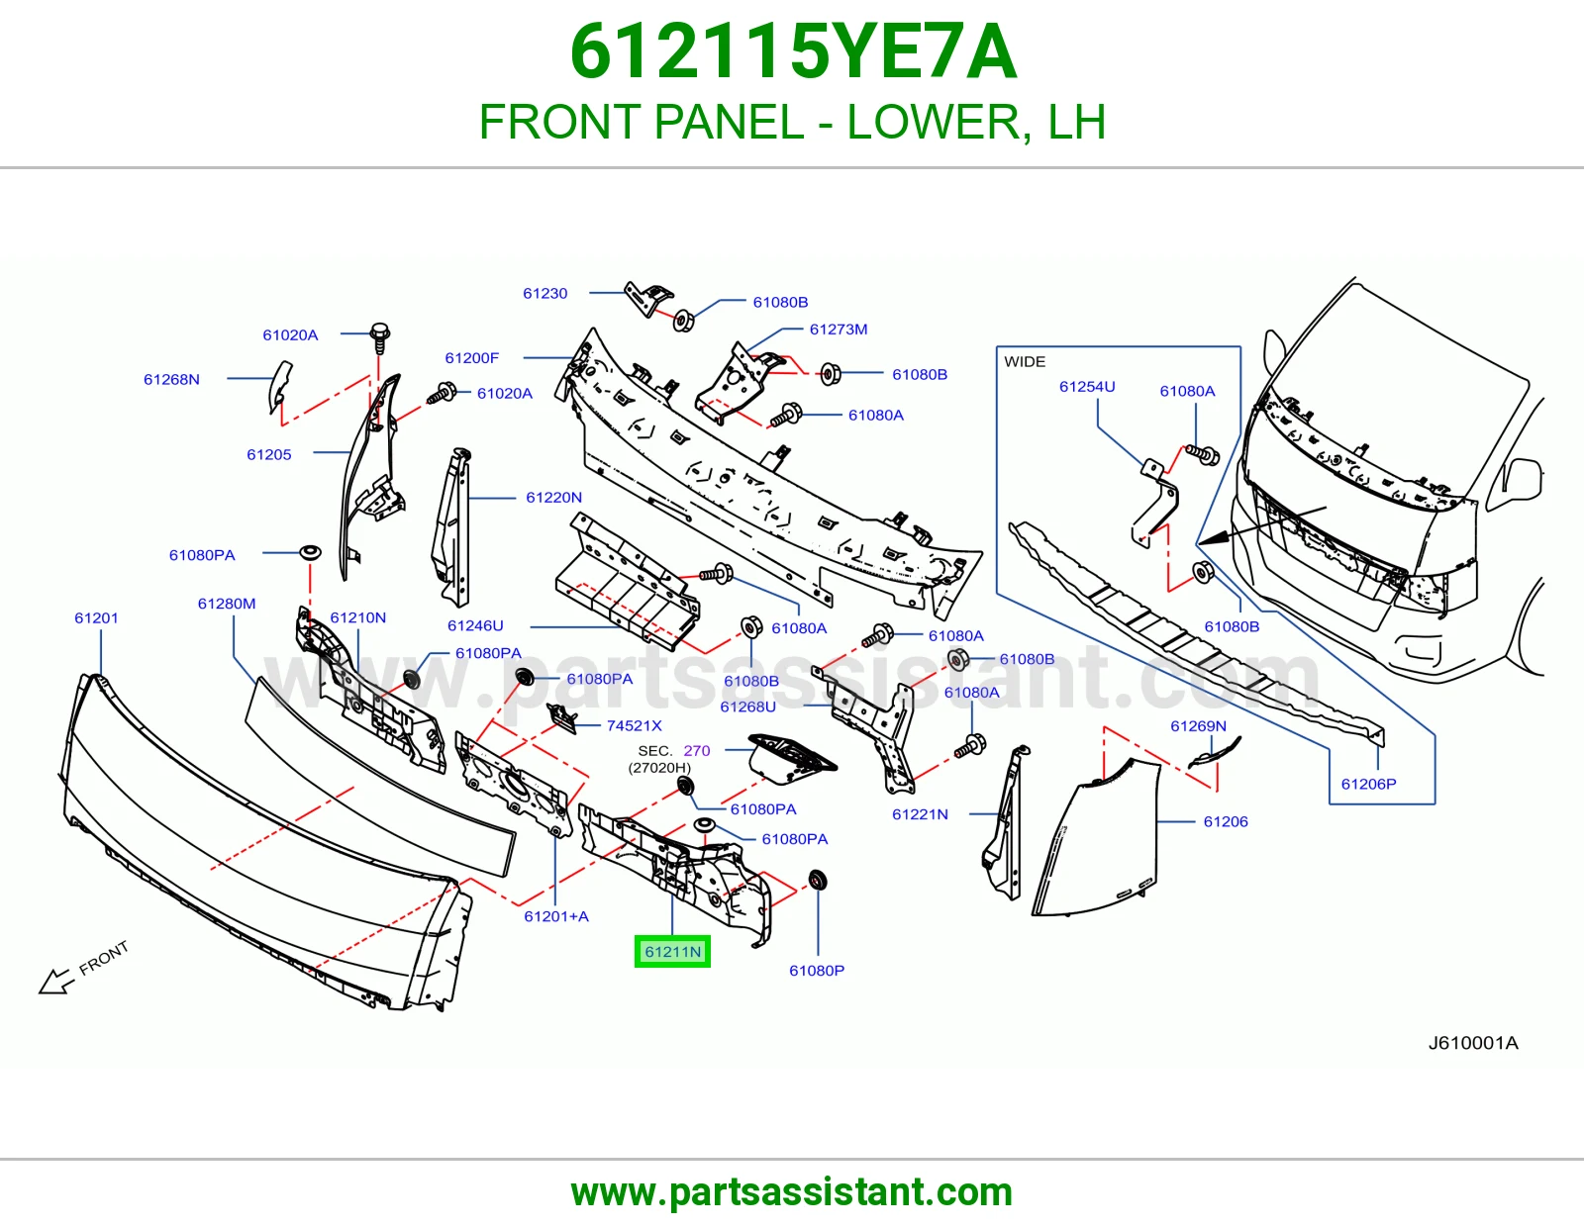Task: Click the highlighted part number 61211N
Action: coord(672,952)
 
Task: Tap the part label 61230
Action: coord(544,294)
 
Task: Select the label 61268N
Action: coord(171,380)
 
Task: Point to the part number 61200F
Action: coord(471,358)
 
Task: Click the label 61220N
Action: coord(554,498)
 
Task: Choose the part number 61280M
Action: coord(227,604)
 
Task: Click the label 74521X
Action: coord(635,725)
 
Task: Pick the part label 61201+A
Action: coord(556,916)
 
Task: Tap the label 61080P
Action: coord(817,971)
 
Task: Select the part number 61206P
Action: coord(1369,784)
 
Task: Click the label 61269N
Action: coord(1198,725)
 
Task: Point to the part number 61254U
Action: coord(1087,386)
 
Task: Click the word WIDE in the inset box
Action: coord(1025,361)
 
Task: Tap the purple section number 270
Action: coord(697,750)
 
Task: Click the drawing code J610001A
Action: coord(1472,1043)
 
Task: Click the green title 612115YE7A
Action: coord(792,52)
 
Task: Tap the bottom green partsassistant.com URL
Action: coord(792,1192)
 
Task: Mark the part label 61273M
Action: coord(839,330)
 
